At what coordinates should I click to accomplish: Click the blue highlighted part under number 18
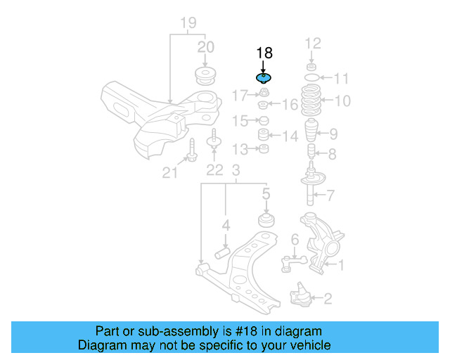(x=264, y=78)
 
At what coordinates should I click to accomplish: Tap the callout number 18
(x=264, y=53)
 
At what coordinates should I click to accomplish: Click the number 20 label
(x=205, y=47)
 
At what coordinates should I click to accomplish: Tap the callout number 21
(x=170, y=171)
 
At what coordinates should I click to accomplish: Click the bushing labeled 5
(x=266, y=219)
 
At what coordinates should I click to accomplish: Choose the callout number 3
(x=236, y=171)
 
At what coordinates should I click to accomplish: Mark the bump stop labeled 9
(x=310, y=132)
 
